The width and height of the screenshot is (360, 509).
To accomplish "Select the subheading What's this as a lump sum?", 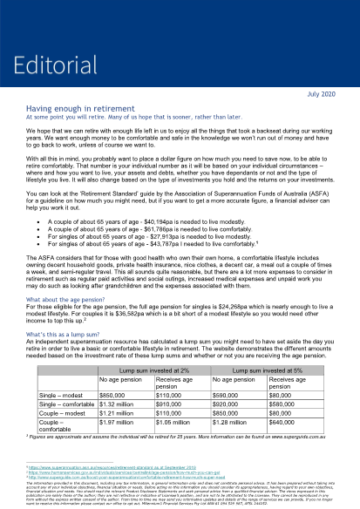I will click(66, 334).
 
